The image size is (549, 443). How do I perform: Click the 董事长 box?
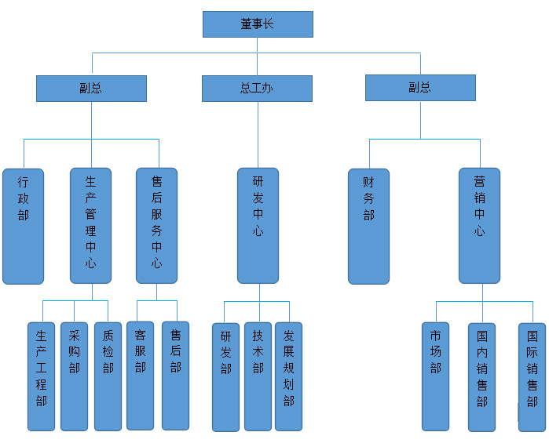tap(258, 24)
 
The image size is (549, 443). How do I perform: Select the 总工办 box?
tap(257, 89)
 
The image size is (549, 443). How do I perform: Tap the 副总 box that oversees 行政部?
tap(91, 89)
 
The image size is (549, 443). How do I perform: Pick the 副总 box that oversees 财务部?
tap(420, 88)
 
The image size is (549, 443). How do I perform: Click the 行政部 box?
tap(23, 226)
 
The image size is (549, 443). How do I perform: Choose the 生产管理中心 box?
tap(90, 226)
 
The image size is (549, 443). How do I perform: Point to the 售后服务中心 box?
tap(156, 226)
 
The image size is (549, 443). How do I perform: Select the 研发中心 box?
tap(258, 226)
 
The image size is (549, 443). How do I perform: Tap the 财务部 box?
tap(368, 226)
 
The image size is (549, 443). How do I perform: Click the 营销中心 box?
tap(479, 226)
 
